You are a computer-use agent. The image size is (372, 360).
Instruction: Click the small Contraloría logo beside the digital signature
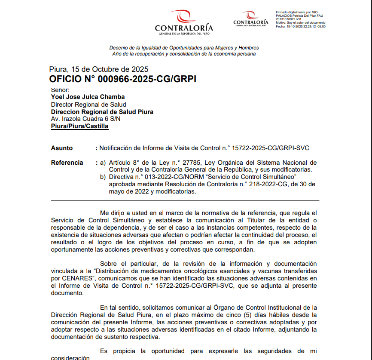tap(250, 19)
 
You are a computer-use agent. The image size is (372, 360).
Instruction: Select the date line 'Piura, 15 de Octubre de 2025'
tap(98, 69)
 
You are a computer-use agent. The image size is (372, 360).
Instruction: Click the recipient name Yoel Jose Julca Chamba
tap(88, 97)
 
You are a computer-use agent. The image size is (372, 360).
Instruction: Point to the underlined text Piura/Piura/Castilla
tap(79, 126)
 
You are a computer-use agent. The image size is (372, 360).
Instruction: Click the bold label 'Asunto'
tap(62, 148)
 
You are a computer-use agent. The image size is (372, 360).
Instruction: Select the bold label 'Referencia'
tap(67, 163)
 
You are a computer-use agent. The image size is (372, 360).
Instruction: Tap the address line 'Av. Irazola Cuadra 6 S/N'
tap(85, 119)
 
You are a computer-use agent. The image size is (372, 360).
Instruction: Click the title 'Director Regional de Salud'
tap(88, 105)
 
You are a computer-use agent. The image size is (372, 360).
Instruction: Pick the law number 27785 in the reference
tap(191, 163)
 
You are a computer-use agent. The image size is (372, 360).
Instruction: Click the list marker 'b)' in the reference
tap(103, 177)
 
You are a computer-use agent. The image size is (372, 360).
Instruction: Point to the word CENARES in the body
tap(71, 278)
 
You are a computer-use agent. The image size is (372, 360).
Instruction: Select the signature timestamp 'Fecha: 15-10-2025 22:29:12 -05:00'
tap(300, 26)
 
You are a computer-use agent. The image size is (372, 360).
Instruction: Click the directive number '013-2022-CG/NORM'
tap(167, 177)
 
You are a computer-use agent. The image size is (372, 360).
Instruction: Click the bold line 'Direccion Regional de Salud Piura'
tap(102, 112)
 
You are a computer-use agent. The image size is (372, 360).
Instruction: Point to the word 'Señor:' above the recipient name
tap(60, 90)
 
